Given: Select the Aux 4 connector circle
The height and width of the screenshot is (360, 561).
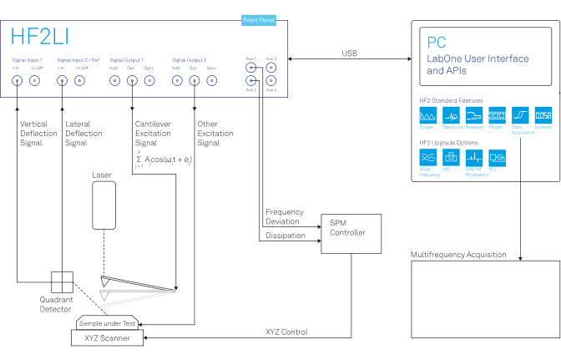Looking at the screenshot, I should coord(271,81).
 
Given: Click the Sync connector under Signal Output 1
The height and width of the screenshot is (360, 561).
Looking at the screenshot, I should coord(149,81).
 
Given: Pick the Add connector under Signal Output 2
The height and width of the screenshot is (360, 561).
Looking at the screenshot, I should coord(177,81).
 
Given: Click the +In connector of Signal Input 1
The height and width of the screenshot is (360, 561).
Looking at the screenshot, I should coord(17,81).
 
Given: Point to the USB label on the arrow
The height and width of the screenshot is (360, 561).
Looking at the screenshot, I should coord(351,53).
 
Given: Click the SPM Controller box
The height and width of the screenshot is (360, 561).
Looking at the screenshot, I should coord(351,229).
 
